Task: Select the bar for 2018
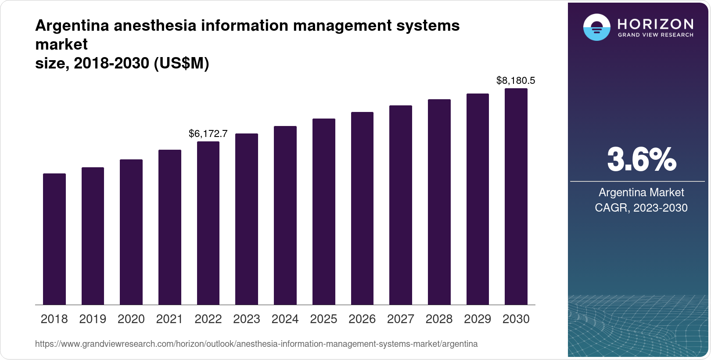54,239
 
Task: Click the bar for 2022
208,223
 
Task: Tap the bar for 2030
516,197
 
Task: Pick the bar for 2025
323,212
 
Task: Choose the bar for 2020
131,232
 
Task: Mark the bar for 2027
400,205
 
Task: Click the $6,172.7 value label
208,133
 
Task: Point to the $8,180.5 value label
516,80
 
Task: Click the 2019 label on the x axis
93,319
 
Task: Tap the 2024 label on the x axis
285,319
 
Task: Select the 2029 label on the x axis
478,319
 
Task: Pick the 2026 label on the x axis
362,319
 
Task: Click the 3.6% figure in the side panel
641,160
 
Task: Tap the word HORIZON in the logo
655,24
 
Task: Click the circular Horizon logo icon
596,27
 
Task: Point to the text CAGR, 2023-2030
641,208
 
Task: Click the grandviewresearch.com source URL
256,344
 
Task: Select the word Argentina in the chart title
72,25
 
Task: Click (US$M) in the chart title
181,64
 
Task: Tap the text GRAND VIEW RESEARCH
655,35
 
